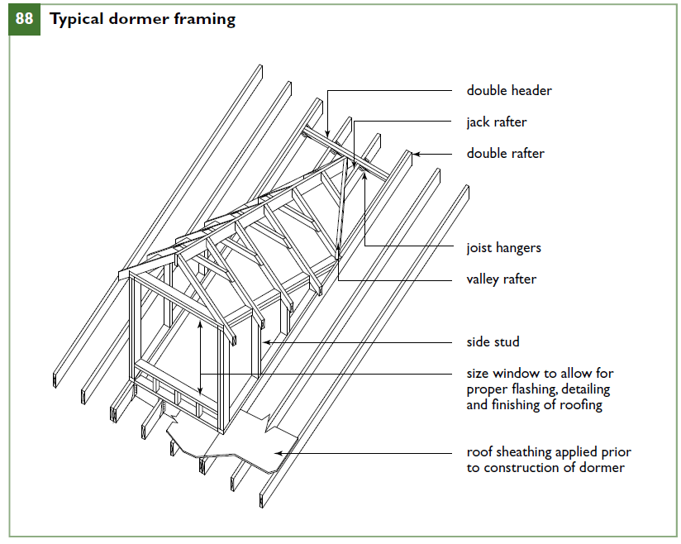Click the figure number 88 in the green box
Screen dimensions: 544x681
coord(24,19)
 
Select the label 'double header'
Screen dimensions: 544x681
coord(509,90)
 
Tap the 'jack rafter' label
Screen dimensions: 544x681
coord(496,122)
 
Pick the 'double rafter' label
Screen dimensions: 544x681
coord(505,153)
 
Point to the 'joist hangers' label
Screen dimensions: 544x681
coord(503,247)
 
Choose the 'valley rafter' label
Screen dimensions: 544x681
coord(501,279)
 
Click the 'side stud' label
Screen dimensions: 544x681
coord(493,341)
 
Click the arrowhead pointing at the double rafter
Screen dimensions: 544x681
coord(417,153)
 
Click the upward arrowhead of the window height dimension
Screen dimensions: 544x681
coord(200,325)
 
